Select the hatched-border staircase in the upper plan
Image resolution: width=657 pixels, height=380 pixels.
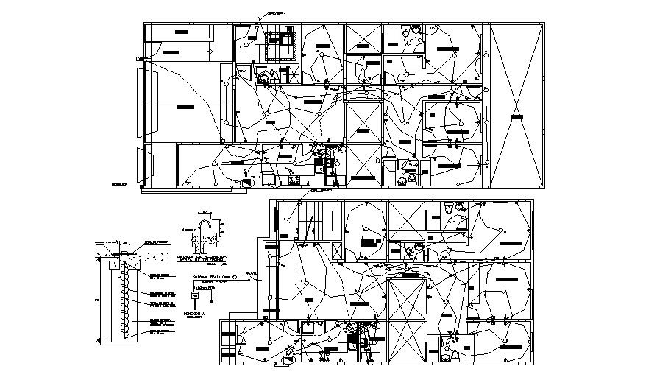(277, 46)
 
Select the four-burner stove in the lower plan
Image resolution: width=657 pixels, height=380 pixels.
(361, 340)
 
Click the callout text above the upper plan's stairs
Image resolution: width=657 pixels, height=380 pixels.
(274, 13)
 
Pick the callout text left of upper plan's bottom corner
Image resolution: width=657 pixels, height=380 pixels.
(120, 183)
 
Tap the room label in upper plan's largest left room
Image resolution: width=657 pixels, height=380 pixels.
(184, 107)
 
